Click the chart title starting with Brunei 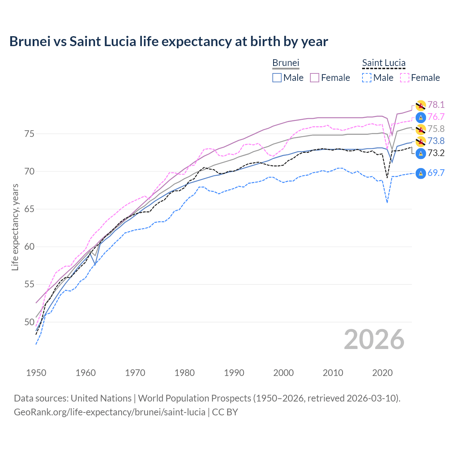168,41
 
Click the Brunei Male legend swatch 277,78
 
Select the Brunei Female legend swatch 315,78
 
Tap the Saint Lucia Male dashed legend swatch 367,78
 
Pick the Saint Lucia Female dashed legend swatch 405,78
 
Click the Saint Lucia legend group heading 383,63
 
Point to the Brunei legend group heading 286,63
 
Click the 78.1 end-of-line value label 436,105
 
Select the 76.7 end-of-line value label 436,117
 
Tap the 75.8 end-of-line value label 436,129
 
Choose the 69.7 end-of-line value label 436,173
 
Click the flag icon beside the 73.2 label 421,153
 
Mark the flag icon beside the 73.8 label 421,141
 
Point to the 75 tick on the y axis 29,134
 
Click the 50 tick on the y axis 29,322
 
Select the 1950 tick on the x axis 36,373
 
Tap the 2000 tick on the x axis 283,373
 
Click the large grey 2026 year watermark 374,339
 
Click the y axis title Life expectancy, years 15,227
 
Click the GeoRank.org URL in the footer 110,412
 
